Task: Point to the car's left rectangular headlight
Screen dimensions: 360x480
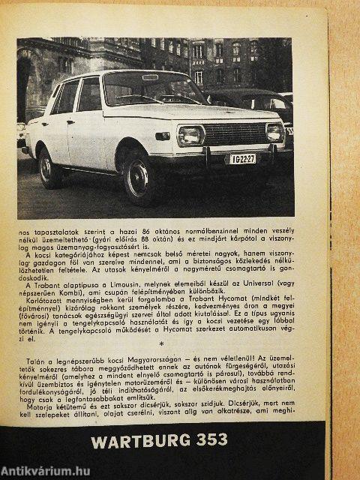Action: click(190, 136)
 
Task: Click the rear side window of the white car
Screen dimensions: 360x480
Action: click(66, 97)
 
